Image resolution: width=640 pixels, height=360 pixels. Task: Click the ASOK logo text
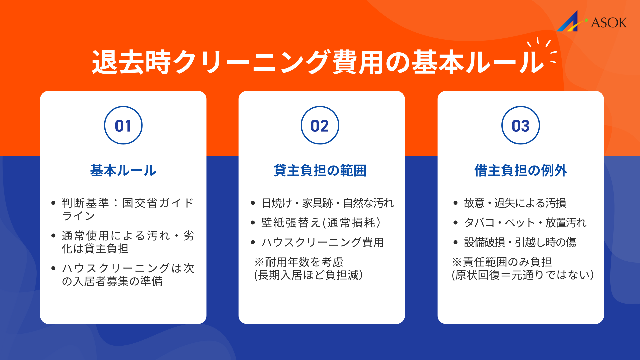[x=609, y=23]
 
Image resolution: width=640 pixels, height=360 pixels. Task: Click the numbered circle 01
[x=123, y=125]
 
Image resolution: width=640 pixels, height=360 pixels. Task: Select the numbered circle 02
[x=320, y=125]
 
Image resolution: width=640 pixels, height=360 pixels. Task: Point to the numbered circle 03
[x=520, y=125]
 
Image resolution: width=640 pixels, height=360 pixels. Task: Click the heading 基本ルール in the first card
[x=123, y=171]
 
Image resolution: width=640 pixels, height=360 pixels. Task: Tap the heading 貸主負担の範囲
[x=320, y=171]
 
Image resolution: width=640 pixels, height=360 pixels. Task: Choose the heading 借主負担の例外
[x=520, y=171]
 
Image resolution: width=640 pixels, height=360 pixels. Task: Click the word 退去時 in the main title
[x=131, y=62]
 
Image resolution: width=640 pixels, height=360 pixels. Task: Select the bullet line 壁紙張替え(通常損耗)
[x=321, y=223]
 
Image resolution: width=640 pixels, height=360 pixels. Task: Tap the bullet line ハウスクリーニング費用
[x=322, y=242]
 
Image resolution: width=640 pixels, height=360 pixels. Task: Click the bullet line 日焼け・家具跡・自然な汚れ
[x=328, y=203]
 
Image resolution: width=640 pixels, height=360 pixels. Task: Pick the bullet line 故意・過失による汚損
[x=515, y=203]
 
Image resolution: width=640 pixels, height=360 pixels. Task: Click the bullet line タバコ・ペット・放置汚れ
[x=525, y=223]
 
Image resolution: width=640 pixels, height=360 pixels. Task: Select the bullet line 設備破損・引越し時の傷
[x=520, y=242]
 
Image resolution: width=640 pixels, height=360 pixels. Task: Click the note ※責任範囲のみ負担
[x=502, y=262]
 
